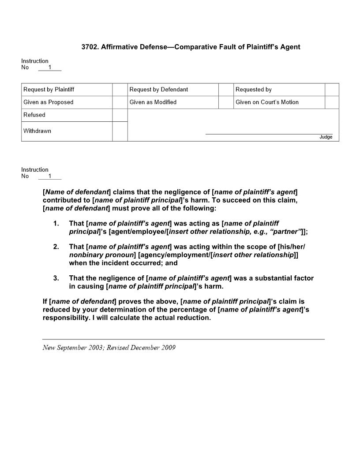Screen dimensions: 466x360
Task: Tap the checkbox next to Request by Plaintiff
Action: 120,90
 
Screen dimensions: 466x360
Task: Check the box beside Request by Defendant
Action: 226,90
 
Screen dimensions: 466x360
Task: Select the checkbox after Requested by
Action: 332,90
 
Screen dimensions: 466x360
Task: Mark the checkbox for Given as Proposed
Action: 120,102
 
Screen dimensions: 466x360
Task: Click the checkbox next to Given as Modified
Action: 226,102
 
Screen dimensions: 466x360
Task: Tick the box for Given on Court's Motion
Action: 332,102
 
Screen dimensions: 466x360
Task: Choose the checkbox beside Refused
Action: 120,115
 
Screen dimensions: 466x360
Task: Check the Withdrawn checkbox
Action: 120,132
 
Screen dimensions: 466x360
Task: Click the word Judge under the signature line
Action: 326,137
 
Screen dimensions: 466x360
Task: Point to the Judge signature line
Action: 269,133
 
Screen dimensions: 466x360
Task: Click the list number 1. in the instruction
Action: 56,224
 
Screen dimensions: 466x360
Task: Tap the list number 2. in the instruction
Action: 56,247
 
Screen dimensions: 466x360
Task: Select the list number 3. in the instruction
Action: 56,278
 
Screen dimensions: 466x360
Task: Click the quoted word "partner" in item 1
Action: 288,232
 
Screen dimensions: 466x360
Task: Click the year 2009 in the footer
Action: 168,348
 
